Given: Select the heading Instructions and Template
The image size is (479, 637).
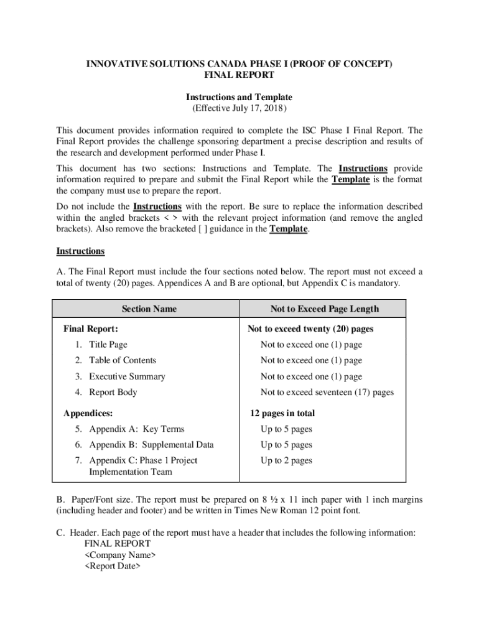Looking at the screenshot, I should point(239,97).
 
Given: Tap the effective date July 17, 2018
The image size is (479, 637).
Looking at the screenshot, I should point(239,108).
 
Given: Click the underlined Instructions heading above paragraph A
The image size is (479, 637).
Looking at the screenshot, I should point(80,251).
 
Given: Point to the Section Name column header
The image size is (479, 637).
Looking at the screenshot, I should point(149,309).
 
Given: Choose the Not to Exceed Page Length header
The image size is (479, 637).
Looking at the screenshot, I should point(324,309).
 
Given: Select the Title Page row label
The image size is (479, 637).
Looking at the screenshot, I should point(108,345).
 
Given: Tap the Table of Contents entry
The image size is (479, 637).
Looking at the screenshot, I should point(122,360).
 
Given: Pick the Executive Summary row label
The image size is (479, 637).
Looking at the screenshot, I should point(127,376).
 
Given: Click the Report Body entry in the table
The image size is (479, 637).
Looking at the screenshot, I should point(113,392).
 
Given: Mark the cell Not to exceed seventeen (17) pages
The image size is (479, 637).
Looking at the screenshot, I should point(327,392).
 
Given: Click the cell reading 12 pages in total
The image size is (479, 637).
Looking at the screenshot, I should point(282,413).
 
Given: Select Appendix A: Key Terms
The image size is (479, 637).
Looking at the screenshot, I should point(136,429).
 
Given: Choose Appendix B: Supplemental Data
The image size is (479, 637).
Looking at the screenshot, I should point(151,445).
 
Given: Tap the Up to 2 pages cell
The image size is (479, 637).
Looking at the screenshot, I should point(286,460).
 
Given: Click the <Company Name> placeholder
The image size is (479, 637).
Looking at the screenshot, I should point(120,555).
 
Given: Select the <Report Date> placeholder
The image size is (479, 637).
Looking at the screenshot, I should point(113,566).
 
